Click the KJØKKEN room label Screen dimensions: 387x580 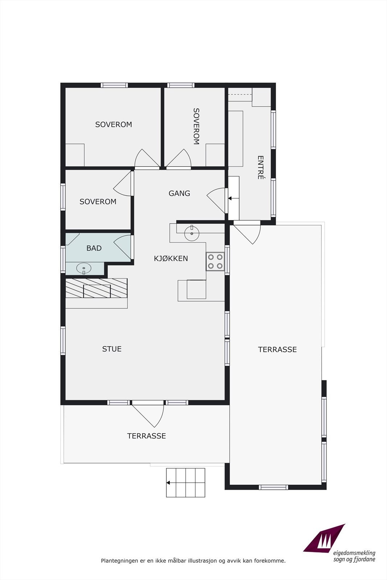point(171,258)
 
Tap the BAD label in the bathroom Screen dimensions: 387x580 point(94,248)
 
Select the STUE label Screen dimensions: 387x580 point(112,349)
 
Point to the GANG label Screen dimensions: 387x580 point(179,193)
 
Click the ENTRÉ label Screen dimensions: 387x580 point(260,167)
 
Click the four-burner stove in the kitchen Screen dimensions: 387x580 point(215,261)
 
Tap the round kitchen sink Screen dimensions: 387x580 point(192,233)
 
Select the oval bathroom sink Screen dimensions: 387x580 point(83,268)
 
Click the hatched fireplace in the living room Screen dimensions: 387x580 point(96,288)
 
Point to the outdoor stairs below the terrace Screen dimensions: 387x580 point(185,482)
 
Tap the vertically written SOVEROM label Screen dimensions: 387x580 point(196,126)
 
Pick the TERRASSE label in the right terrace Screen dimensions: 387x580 point(277,349)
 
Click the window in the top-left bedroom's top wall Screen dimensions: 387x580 point(114,85)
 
